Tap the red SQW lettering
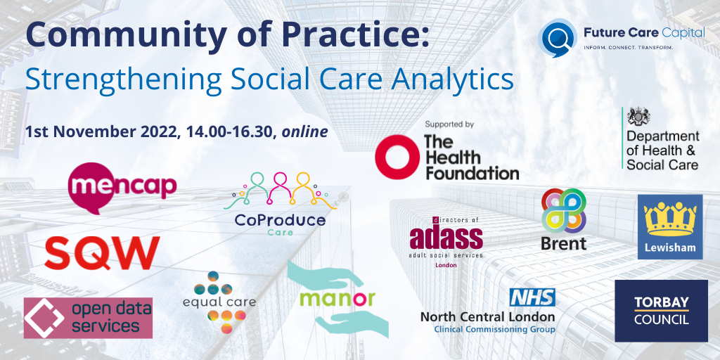102,253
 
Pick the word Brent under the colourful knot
563,243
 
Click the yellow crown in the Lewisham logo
669,220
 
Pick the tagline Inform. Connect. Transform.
629,48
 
